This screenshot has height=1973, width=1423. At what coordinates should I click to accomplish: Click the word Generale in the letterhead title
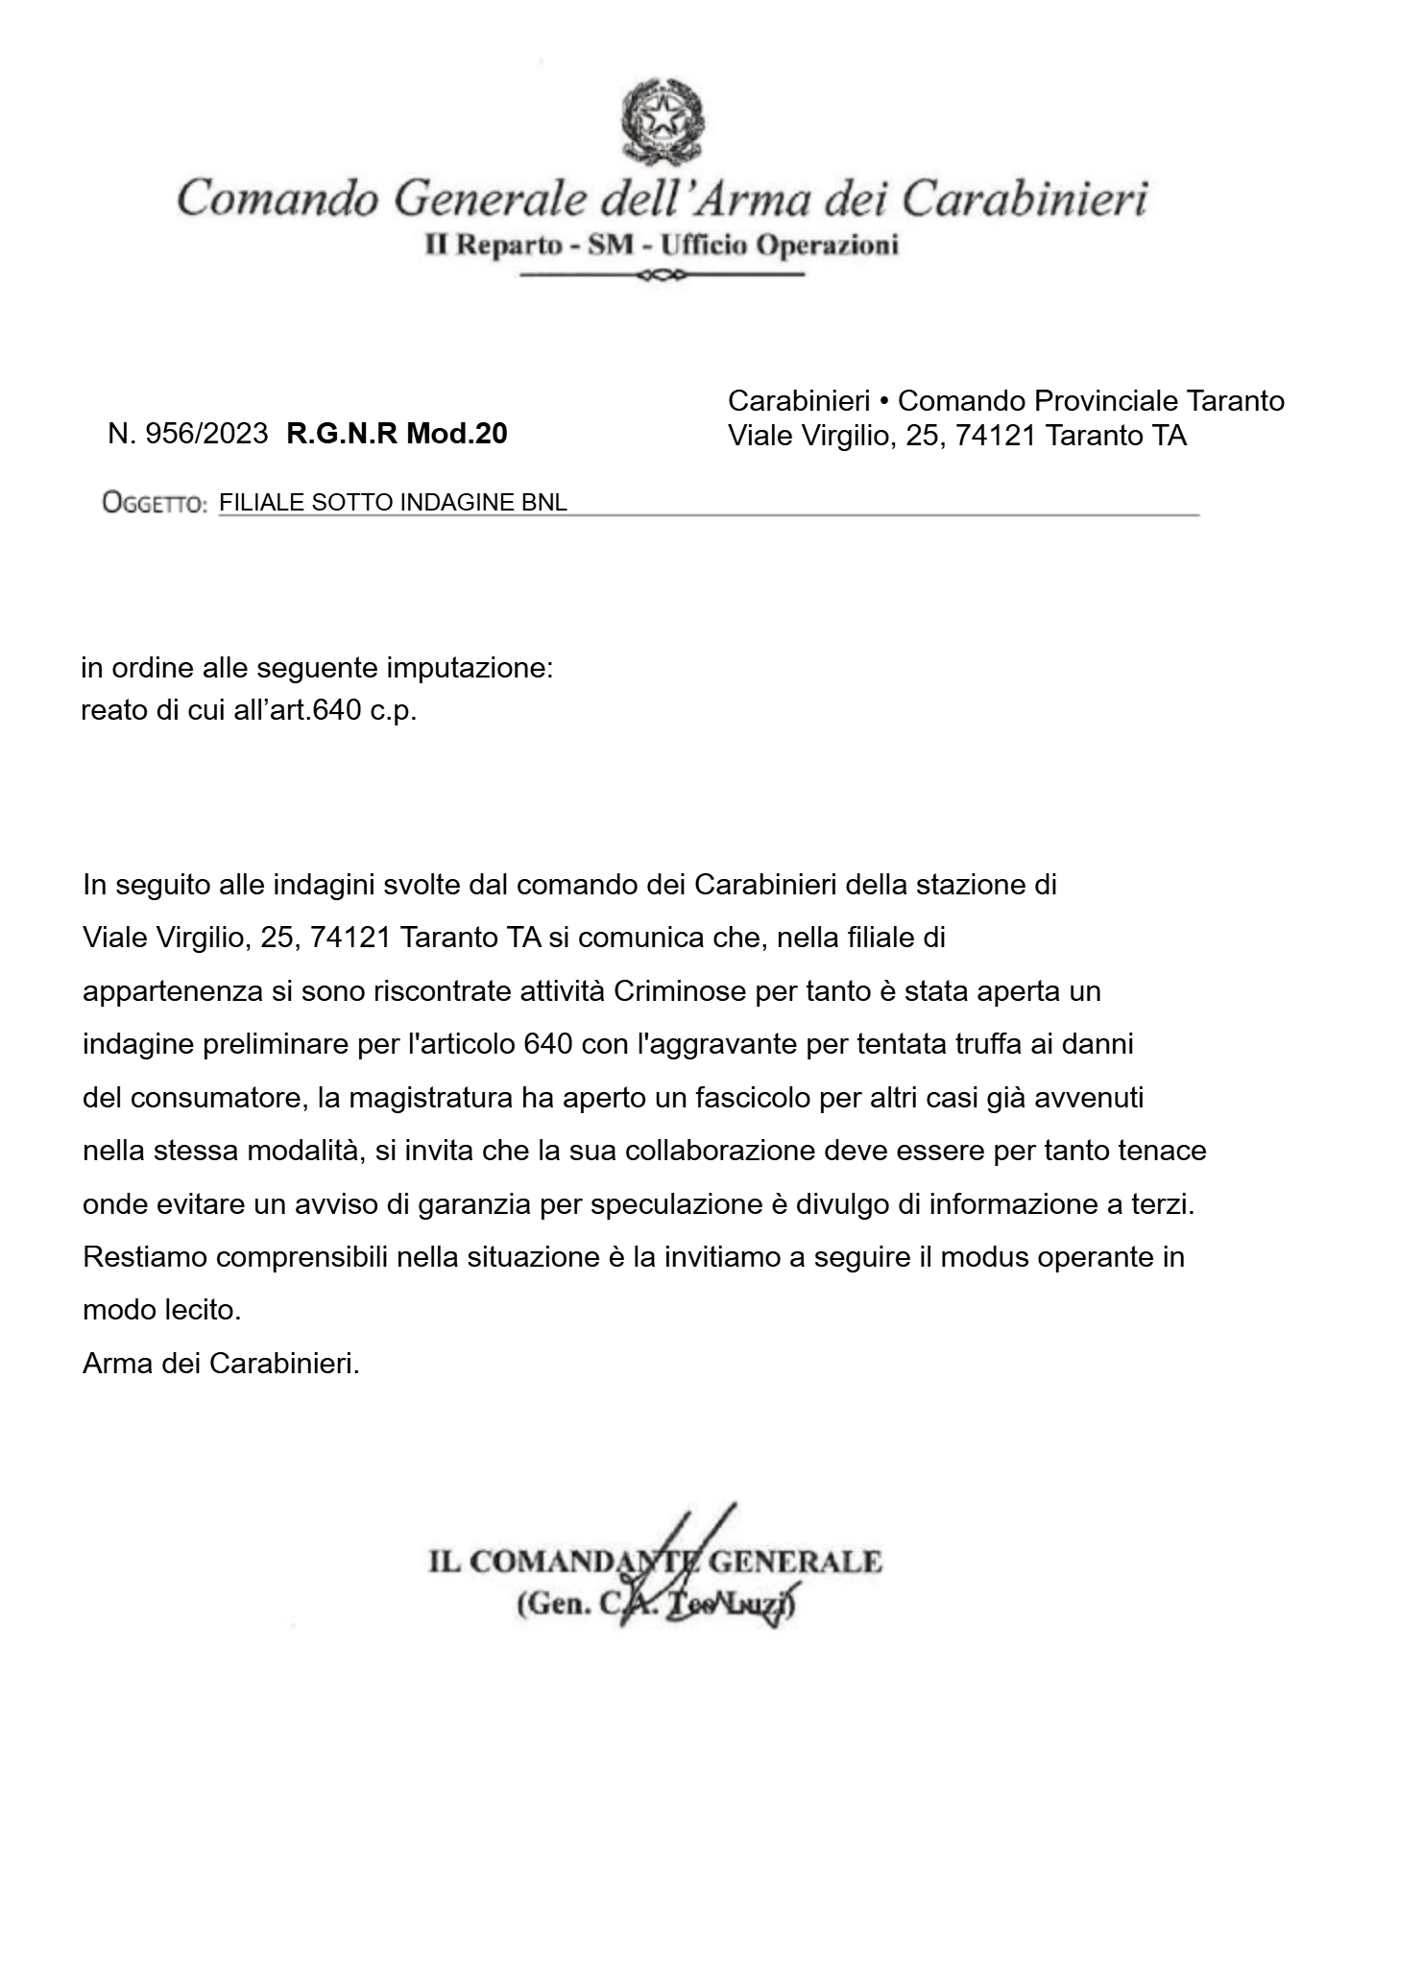(x=490, y=199)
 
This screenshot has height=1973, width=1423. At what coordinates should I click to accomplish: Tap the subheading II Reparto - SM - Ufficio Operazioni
(x=662, y=246)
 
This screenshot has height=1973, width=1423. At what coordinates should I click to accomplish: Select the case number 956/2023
(x=205, y=434)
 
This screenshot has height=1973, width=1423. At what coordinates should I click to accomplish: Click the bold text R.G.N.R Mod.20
(x=397, y=434)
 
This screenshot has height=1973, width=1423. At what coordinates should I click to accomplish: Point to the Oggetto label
(x=155, y=503)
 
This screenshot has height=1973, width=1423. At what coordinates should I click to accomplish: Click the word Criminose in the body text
(x=680, y=990)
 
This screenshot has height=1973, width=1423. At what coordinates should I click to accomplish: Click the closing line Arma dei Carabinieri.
(x=221, y=1364)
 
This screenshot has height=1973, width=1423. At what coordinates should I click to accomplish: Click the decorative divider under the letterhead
(x=662, y=276)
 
